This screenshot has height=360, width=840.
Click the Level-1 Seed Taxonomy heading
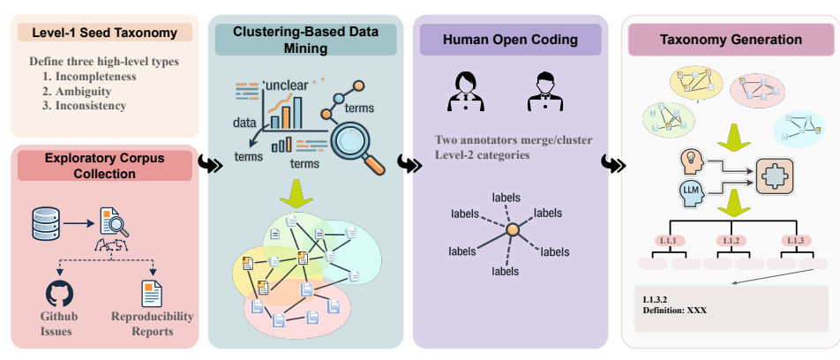click(x=104, y=33)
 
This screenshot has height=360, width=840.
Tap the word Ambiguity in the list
click(x=83, y=91)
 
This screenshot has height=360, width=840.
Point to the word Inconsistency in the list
click(x=91, y=106)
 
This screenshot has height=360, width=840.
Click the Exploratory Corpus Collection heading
click(x=104, y=166)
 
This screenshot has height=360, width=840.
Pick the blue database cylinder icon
click(x=44, y=223)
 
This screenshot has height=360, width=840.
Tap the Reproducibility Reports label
click(x=152, y=324)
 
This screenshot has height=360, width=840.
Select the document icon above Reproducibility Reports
click(x=152, y=293)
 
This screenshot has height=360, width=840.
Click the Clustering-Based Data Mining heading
click(x=305, y=40)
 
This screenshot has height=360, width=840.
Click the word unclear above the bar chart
click(x=286, y=86)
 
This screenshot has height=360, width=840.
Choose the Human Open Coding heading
click(x=510, y=40)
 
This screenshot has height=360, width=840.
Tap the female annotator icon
click(x=466, y=92)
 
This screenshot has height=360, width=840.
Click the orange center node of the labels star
click(x=513, y=229)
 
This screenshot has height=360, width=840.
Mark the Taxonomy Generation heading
click(x=731, y=40)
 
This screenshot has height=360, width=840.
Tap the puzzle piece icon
click(x=775, y=178)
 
